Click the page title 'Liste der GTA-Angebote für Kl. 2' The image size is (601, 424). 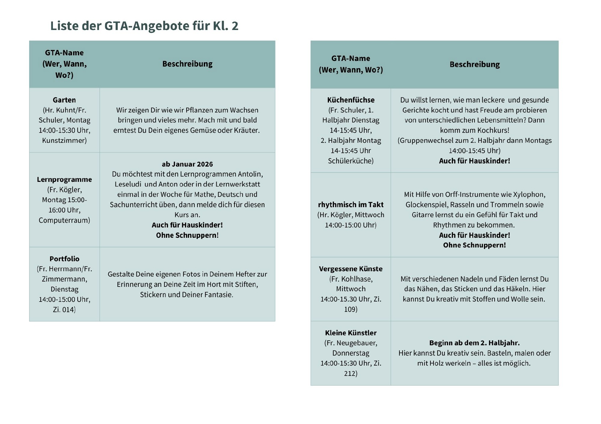click(x=144, y=26)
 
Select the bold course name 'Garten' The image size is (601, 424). click(x=64, y=100)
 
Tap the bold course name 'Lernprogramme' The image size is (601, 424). click(x=64, y=179)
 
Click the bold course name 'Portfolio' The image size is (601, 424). click(x=64, y=259)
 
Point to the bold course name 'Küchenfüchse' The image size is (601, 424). click(x=351, y=100)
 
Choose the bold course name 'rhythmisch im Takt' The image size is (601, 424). click(x=351, y=205)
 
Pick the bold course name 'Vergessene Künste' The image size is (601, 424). click(x=351, y=269)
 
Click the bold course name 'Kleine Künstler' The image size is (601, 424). click(x=351, y=333)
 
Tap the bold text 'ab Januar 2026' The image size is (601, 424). click(x=187, y=164)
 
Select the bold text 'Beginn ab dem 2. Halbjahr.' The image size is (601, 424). click(x=474, y=343)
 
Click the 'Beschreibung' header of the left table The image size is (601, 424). click(x=187, y=64)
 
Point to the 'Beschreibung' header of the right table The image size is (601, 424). click(x=475, y=64)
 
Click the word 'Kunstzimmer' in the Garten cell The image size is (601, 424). click(x=64, y=140)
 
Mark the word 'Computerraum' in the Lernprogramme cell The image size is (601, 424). click(x=64, y=220)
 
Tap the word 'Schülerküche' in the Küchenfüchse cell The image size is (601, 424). click(x=350, y=161)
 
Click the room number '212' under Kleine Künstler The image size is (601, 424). click(x=350, y=373)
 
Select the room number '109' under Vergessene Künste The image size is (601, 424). click(x=350, y=309)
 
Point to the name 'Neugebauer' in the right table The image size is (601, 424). click(x=356, y=343)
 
